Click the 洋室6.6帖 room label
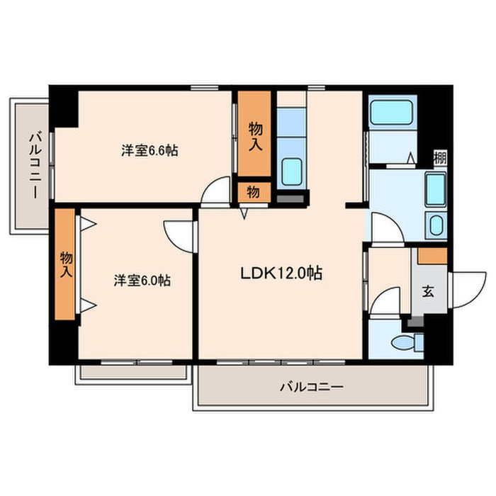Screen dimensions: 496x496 pos(149,150)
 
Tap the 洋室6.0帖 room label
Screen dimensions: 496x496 pos(142,281)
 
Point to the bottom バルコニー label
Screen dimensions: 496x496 pos(311,388)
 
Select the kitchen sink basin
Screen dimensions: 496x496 pos(291,171)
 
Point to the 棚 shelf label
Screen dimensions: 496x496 pos(439,157)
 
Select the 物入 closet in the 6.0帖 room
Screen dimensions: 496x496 pos(66,264)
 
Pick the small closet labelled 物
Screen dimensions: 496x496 pos(253,191)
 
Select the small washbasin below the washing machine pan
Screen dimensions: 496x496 pos(434,227)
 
